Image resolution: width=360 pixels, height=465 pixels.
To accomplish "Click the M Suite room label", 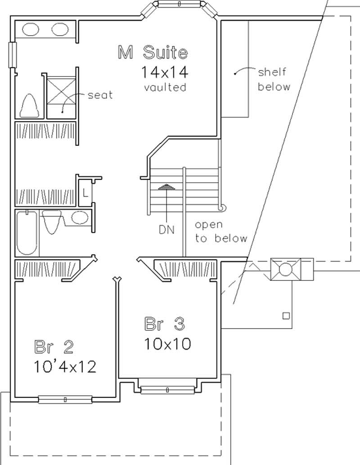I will (152, 53).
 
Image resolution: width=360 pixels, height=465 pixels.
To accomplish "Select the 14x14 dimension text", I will (164, 72).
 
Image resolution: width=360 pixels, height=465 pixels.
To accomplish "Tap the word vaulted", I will (165, 87).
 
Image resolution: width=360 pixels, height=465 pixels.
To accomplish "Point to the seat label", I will (100, 95).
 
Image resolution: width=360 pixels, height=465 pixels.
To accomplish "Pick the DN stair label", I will (166, 229).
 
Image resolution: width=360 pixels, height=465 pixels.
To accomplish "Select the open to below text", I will (221, 231).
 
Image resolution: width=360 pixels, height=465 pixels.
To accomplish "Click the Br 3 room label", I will (165, 324).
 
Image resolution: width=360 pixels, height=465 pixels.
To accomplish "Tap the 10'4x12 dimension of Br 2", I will (65, 367).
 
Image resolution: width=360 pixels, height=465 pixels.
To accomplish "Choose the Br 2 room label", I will (54, 347).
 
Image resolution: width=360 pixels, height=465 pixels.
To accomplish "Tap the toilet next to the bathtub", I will (53, 221).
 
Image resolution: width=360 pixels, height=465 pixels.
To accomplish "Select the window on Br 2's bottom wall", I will (65, 399).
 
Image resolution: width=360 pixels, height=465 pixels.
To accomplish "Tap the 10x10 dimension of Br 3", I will (167, 344).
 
